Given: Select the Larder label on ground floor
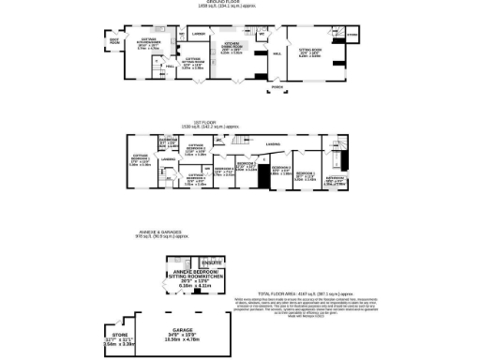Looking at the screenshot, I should coord(198,35).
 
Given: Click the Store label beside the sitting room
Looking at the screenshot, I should coord(352,36).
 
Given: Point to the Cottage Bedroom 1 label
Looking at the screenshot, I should coord(141,157).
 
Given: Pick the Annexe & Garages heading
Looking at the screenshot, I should coord(239,234).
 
